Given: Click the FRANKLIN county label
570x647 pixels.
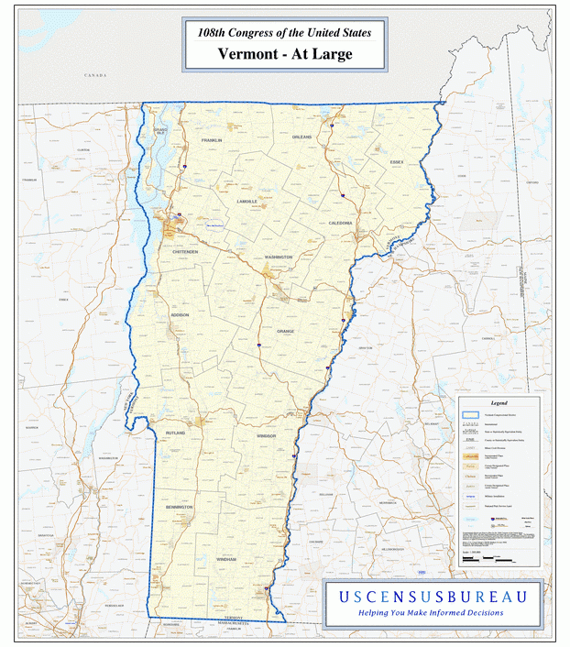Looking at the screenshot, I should (x=212, y=140).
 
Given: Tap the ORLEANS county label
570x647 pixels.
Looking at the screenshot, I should (x=301, y=137).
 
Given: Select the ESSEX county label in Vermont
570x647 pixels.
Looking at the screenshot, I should (x=396, y=162).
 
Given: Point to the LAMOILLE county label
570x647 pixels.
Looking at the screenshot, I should (x=247, y=201).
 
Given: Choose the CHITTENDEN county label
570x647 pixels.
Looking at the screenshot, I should (x=184, y=251).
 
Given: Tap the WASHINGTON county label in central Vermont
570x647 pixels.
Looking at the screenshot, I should (x=279, y=258).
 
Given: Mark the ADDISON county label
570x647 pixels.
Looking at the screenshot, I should (x=180, y=314).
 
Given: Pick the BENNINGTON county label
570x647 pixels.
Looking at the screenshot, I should (x=180, y=506).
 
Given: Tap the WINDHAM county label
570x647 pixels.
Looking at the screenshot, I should (x=226, y=558).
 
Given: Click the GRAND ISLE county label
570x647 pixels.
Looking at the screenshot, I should (x=160, y=133).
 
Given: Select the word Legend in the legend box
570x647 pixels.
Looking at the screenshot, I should (x=499, y=402).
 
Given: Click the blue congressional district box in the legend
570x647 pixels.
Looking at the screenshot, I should (x=471, y=415).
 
